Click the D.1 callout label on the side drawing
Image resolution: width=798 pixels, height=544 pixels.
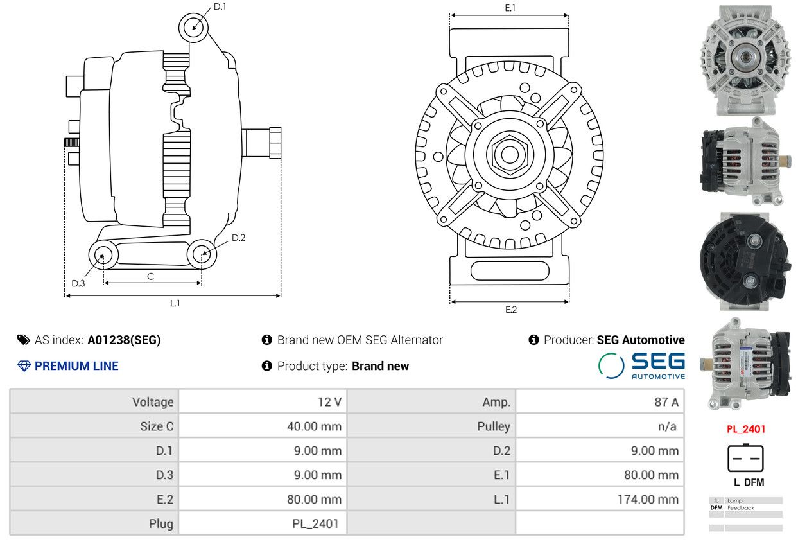[220, 7]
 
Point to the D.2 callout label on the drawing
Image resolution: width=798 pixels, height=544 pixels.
[238, 238]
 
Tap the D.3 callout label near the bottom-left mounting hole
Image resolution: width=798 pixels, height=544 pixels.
[78, 283]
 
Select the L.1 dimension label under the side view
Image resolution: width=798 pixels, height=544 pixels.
[175, 303]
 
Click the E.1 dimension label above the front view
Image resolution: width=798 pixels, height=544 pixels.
[510, 8]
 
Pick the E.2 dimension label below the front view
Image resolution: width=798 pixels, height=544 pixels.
[511, 310]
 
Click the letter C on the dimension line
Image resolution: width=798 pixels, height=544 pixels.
[150, 277]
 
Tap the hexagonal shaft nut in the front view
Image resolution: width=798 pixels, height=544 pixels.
[510, 155]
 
